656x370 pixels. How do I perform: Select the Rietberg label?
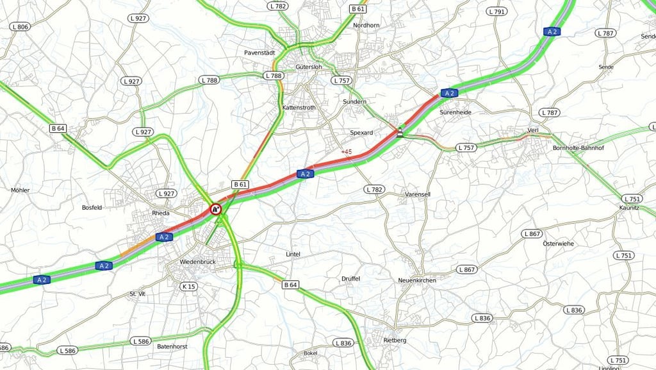(x=395, y=340)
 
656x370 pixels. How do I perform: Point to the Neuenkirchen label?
(x=417, y=280)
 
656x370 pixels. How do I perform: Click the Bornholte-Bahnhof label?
(x=578, y=148)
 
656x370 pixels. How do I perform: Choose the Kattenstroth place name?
(x=299, y=108)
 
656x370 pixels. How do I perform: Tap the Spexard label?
(x=361, y=133)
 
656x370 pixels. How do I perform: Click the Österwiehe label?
(x=558, y=244)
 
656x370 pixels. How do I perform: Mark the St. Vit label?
(x=138, y=294)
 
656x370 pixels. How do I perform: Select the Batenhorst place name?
(x=171, y=346)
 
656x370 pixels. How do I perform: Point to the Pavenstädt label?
(x=259, y=53)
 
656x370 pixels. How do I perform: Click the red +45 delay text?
(x=347, y=152)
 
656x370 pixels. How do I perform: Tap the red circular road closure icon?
(x=216, y=208)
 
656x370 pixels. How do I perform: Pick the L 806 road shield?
(x=19, y=26)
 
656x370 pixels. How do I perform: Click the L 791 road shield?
(x=496, y=12)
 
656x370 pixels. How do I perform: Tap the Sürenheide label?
(x=455, y=112)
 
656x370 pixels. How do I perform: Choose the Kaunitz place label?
(x=629, y=208)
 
